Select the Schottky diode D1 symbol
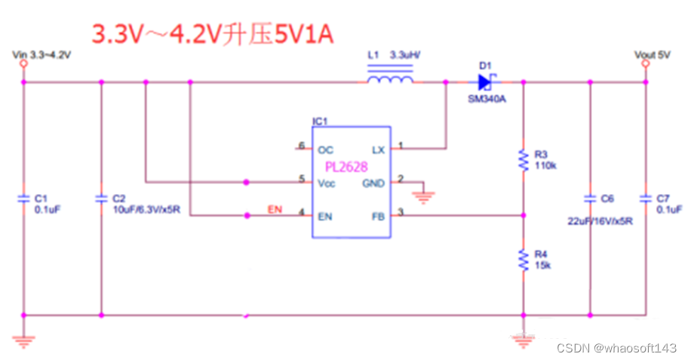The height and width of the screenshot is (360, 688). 485,82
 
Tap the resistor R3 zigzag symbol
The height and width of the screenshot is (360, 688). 523,160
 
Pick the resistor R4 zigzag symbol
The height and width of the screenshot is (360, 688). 523,260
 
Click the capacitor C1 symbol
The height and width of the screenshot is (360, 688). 23,199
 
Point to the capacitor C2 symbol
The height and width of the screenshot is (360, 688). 101,199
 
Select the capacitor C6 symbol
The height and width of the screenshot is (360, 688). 590,199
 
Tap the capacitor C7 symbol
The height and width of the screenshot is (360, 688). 646,199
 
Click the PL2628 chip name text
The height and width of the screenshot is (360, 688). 346,167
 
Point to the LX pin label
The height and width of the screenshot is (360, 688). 378,150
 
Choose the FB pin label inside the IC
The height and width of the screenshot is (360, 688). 378,217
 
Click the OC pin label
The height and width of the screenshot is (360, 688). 325,150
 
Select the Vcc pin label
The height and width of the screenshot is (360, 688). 327,183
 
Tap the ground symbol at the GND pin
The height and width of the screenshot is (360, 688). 423,197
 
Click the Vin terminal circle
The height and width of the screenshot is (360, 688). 23,63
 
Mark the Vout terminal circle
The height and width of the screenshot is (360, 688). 646,63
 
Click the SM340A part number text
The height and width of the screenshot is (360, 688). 487,99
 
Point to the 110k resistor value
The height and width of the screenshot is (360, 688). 545,165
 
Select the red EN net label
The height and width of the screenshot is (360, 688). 275,209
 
